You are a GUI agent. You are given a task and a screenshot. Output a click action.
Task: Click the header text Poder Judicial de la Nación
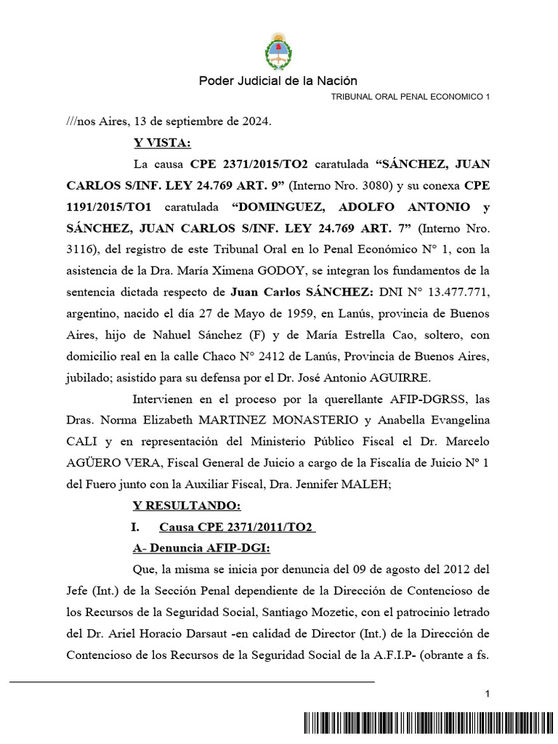(278, 81)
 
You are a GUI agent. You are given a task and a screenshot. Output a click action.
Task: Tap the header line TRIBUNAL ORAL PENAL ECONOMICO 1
(411, 97)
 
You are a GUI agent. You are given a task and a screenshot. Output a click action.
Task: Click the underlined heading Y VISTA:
(162, 142)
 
